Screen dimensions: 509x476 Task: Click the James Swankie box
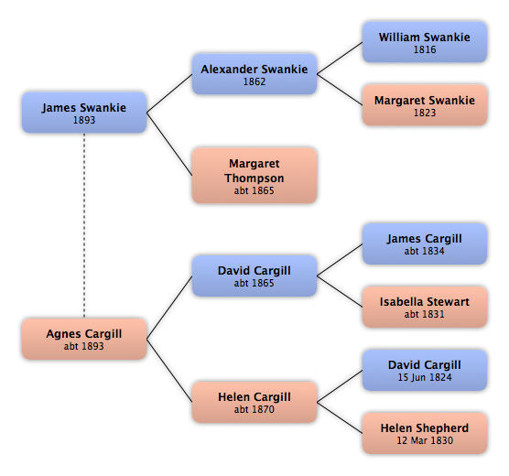pos(84,113)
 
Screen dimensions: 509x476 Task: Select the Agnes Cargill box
pos(84,339)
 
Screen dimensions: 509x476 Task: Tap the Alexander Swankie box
pos(254,74)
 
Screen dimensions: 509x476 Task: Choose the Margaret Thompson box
pos(254,176)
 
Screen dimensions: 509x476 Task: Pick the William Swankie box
pos(425,42)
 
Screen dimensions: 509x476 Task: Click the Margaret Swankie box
pos(425,105)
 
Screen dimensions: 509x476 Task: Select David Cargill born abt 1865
pos(254,276)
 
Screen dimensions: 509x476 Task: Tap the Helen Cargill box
pos(254,402)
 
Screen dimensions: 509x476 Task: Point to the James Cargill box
pos(425,243)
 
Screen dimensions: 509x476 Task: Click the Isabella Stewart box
pos(425,307)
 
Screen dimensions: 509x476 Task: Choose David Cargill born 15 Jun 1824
pos(425,370)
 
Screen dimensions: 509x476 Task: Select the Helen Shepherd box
pos(425,433)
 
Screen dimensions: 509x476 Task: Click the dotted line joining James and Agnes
pos(84,225)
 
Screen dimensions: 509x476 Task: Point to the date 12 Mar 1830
pos(425,440)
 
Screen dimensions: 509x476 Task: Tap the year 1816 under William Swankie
pos(425,49)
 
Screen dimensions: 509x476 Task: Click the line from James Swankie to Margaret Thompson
pos(169,144)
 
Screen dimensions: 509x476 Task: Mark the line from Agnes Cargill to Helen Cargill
pos(169,371)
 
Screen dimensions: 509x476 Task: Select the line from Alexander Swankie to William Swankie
pos(340,58)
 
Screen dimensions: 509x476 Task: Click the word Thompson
pos(254,178)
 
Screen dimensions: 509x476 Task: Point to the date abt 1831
pos(424,314)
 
